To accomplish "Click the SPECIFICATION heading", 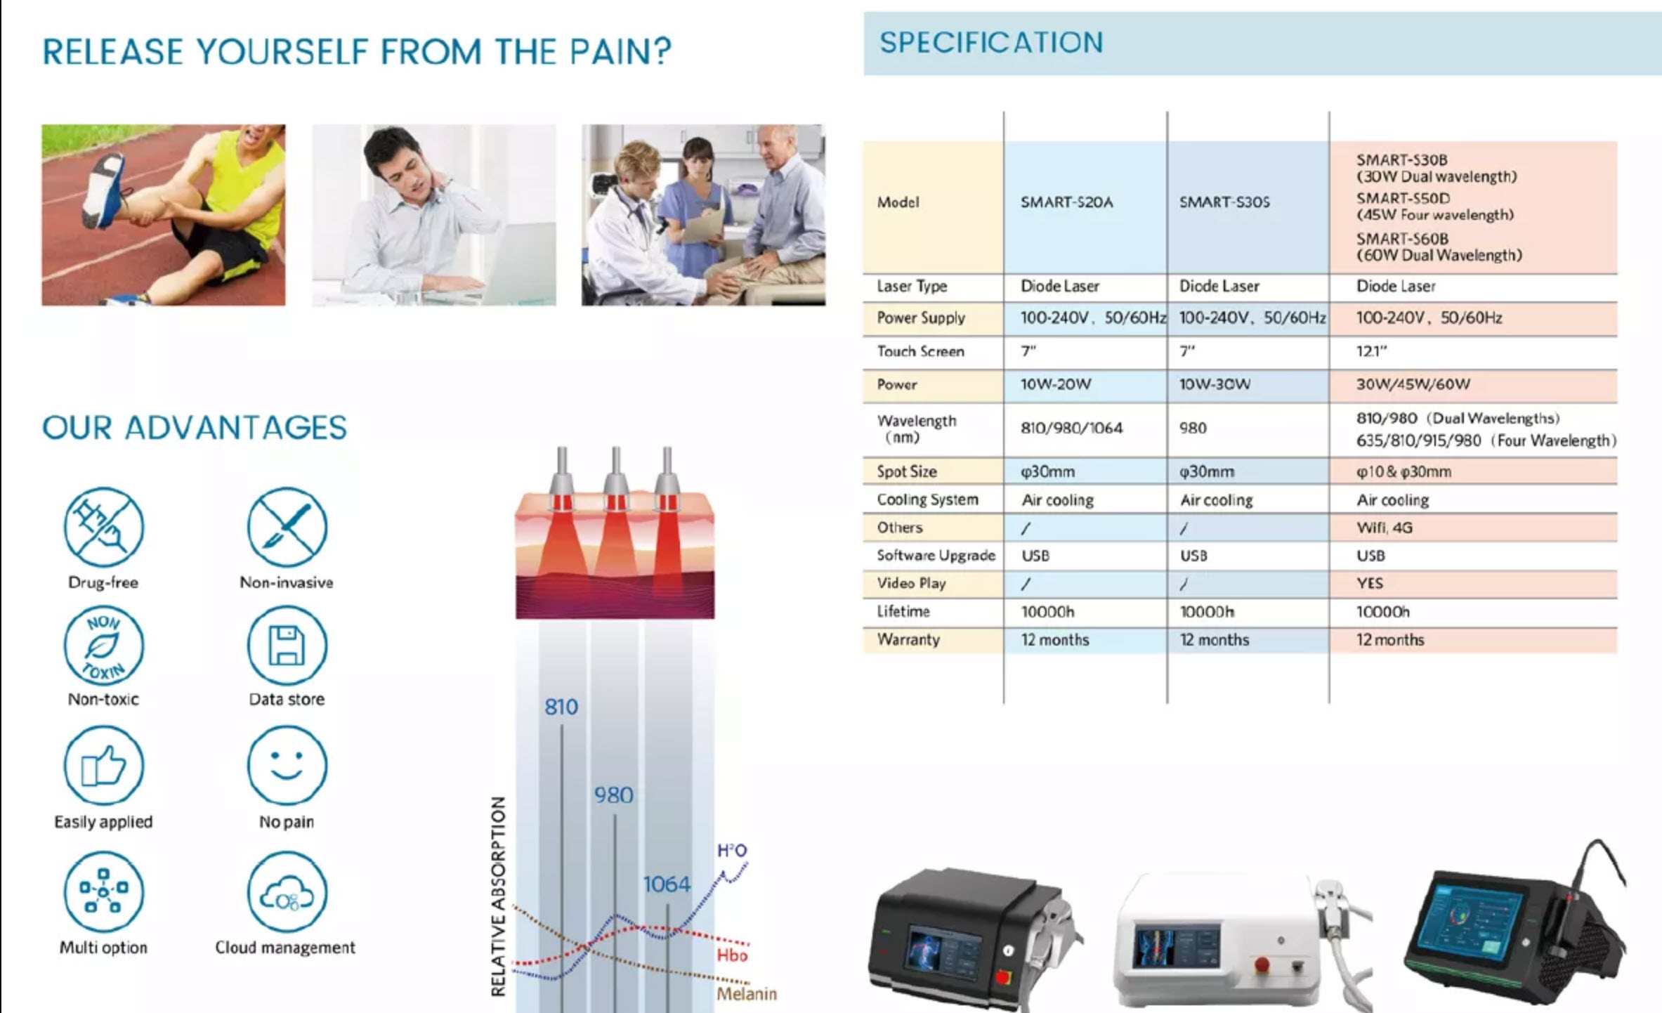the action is tap(991, 43).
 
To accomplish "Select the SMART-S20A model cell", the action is tap(1066, 202).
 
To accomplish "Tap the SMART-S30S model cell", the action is tap(1224, 202).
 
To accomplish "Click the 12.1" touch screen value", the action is tap(1371, 351).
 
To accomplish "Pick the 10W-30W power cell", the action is tap(1215, 384).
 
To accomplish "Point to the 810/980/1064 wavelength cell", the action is tap(1071, 428).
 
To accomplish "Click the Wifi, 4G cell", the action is tap(1384, 528).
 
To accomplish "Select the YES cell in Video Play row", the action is tap(1369, 583).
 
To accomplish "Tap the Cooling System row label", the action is tap(927, 499).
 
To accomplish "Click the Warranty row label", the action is tap(908, 639).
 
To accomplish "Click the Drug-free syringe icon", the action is tap(104, 527).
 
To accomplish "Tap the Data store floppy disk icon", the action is tap(287, 646).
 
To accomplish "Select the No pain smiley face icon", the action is tap(287, 765).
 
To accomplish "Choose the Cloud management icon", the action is tap(287, 892).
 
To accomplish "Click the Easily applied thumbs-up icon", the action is tap(104, 765).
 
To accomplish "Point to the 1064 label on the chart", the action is tap(667, 884).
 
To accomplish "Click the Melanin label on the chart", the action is tap(746, 993).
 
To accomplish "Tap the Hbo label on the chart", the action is tap(732, 955).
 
